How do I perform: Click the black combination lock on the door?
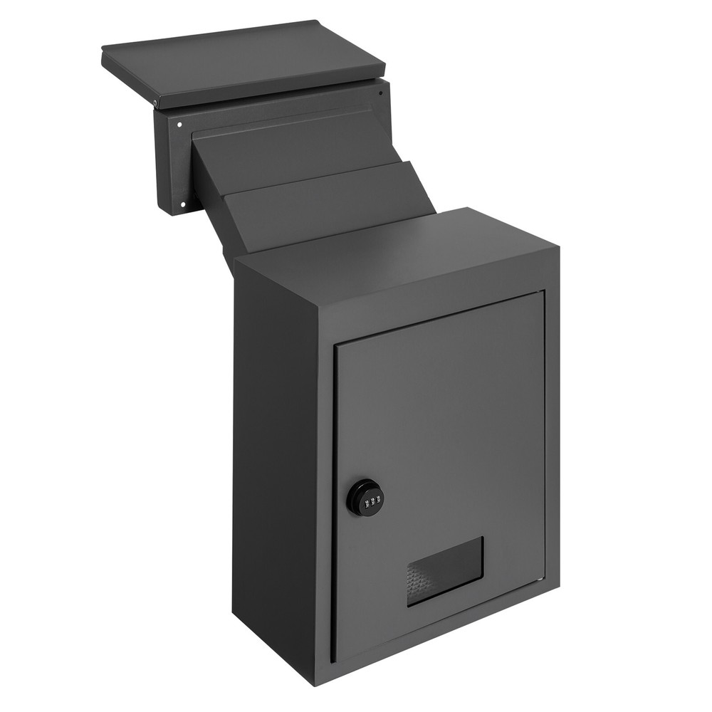(x=365, y=498)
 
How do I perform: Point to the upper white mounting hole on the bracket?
(x=179, y=125)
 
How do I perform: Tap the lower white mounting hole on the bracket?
(x=184, y=205)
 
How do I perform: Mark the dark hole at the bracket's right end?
(x=382, y=93)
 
